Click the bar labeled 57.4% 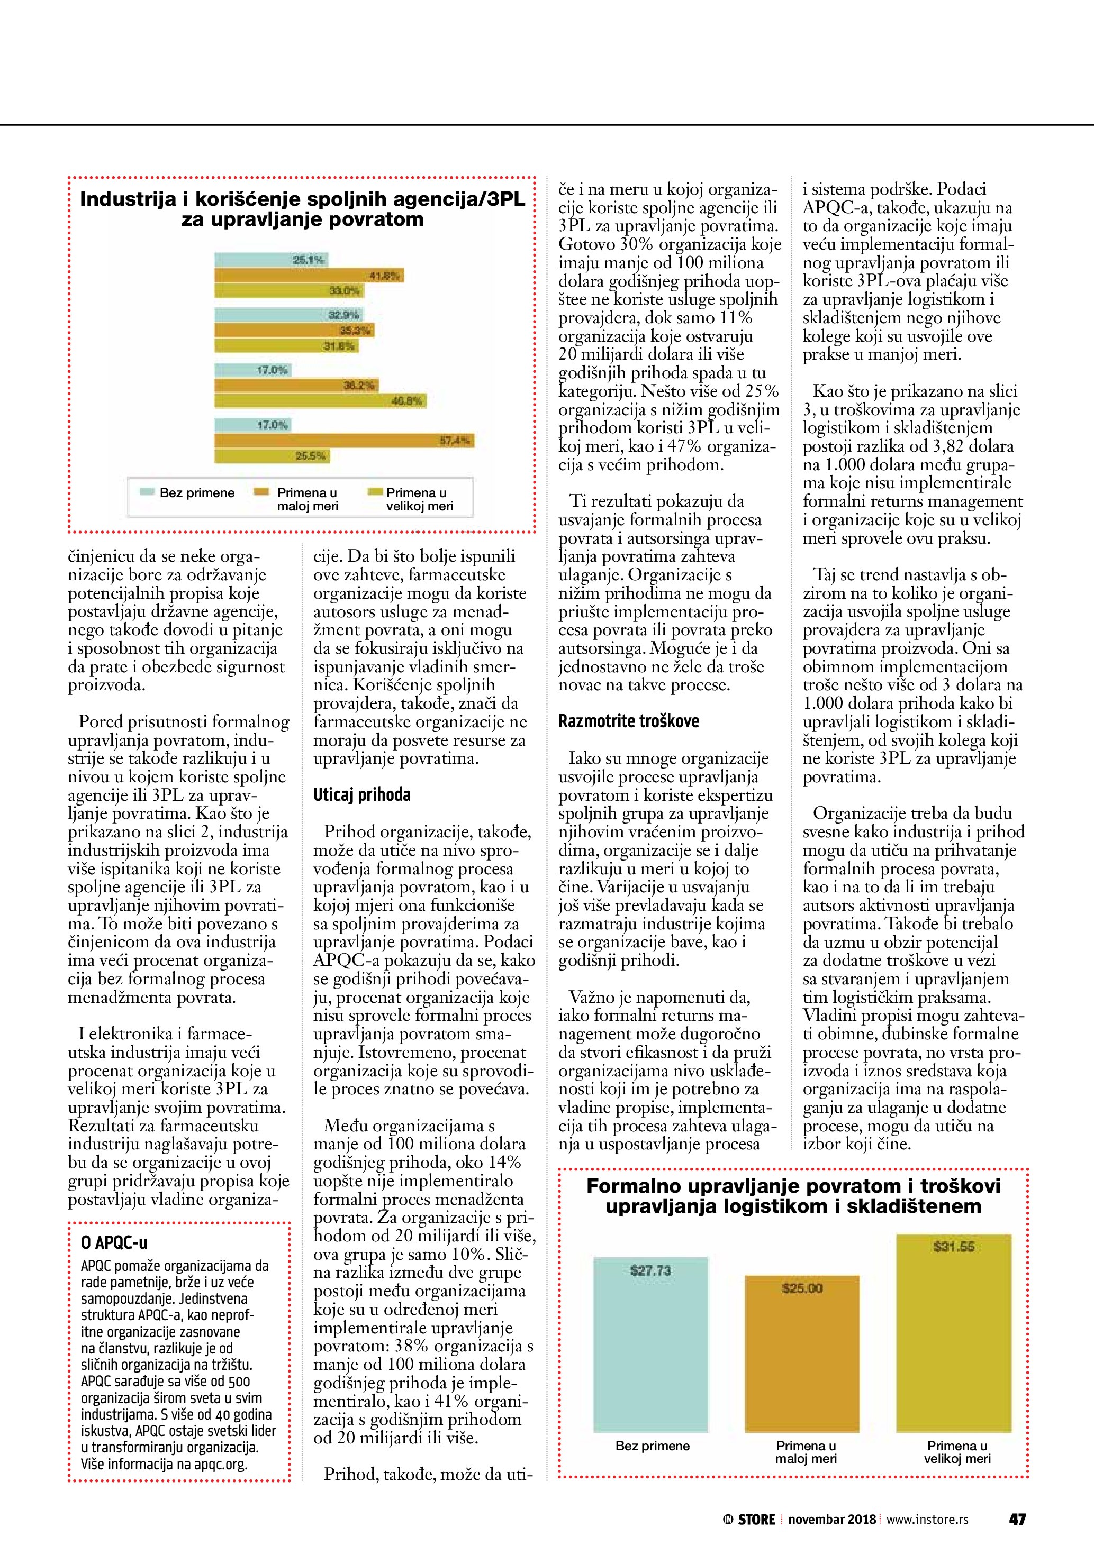coord(343,441)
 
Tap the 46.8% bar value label coord(407,401)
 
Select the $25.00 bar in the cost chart coord(802,1353)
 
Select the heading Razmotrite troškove coord(629,721)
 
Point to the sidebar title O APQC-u coord(114,1243)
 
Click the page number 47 coord(1017,1519)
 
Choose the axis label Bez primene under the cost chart coord(652,1446)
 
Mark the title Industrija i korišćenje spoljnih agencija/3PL coord(302,200)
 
